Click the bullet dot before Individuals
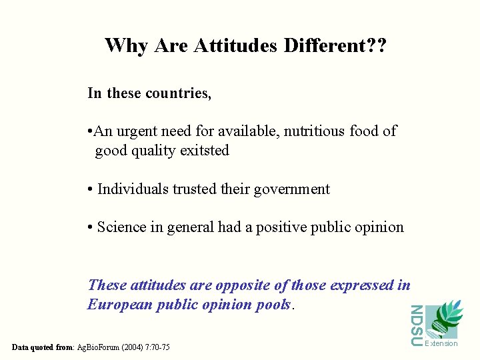[90, 190]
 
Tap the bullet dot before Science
[90, 228]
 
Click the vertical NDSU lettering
[416, 325]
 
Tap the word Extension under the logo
[441, 344]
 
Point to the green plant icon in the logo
[444, 318]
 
